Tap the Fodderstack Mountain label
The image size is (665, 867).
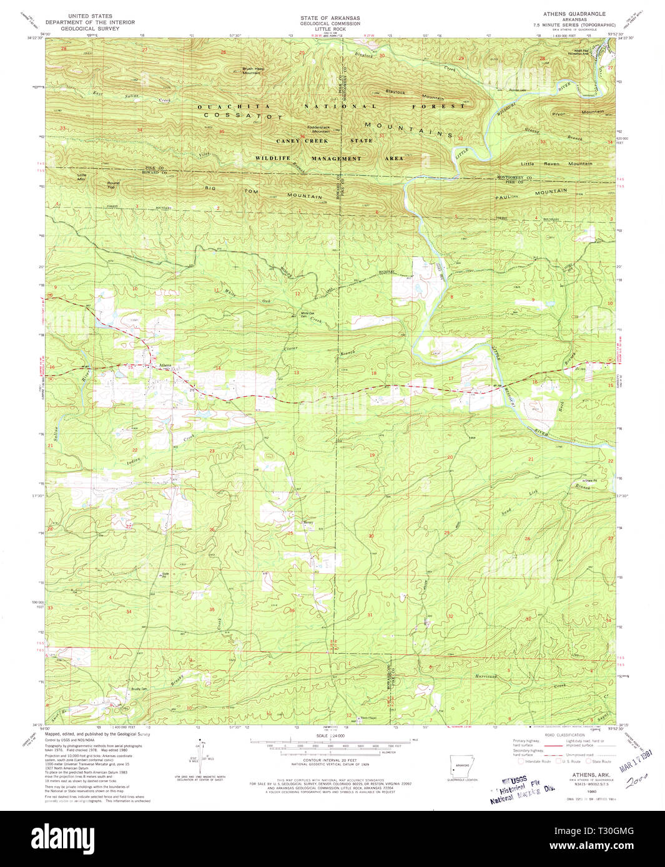pos(321,130)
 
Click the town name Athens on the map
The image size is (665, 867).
pos(165,365)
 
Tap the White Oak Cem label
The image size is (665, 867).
pos(307,315)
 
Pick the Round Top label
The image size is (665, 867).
pos(113,185)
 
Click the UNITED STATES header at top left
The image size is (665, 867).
pos(90,16)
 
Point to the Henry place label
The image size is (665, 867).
pos(308,523)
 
